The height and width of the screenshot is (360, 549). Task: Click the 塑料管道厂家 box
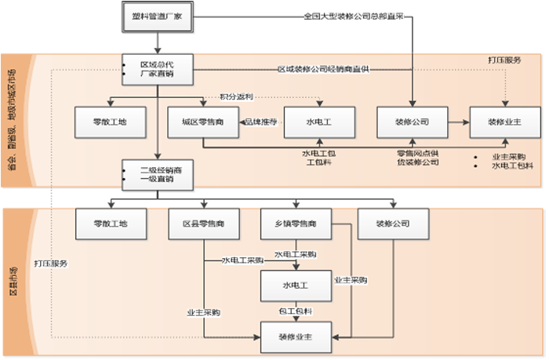click(x=158, y=16)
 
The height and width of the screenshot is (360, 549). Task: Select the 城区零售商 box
click(x=202, y=122)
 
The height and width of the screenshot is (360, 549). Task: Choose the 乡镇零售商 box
click(x=295, y=224)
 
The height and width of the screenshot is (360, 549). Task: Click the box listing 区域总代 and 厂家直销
click(x=158, y=69)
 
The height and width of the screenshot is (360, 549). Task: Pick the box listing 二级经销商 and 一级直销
click(x=158, y=174)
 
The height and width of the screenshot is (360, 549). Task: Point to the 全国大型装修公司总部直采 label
click(x=355, y=16)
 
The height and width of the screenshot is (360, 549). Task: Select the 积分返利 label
click(x=237, y=96)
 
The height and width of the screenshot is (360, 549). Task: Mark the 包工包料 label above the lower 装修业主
click(x=295, y=311)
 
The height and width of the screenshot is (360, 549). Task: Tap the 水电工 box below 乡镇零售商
click(x=295, y=284)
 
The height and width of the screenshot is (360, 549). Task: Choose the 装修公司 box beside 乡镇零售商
click(x=392, y=224)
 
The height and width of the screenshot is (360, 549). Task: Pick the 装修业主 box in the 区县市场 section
click(x=295, y=337)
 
